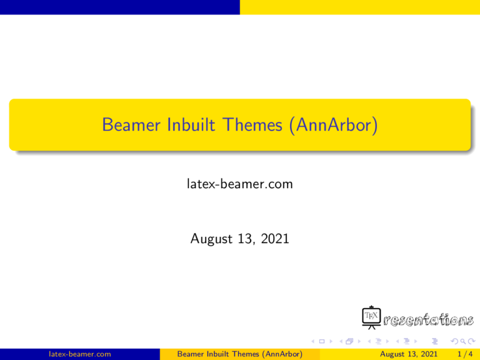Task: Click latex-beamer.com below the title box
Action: click(x=240, y=185)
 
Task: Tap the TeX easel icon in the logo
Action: click(x=371, y=318)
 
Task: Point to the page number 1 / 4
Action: click(x=465, y=354)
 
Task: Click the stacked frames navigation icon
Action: click(x=347, y=341)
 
